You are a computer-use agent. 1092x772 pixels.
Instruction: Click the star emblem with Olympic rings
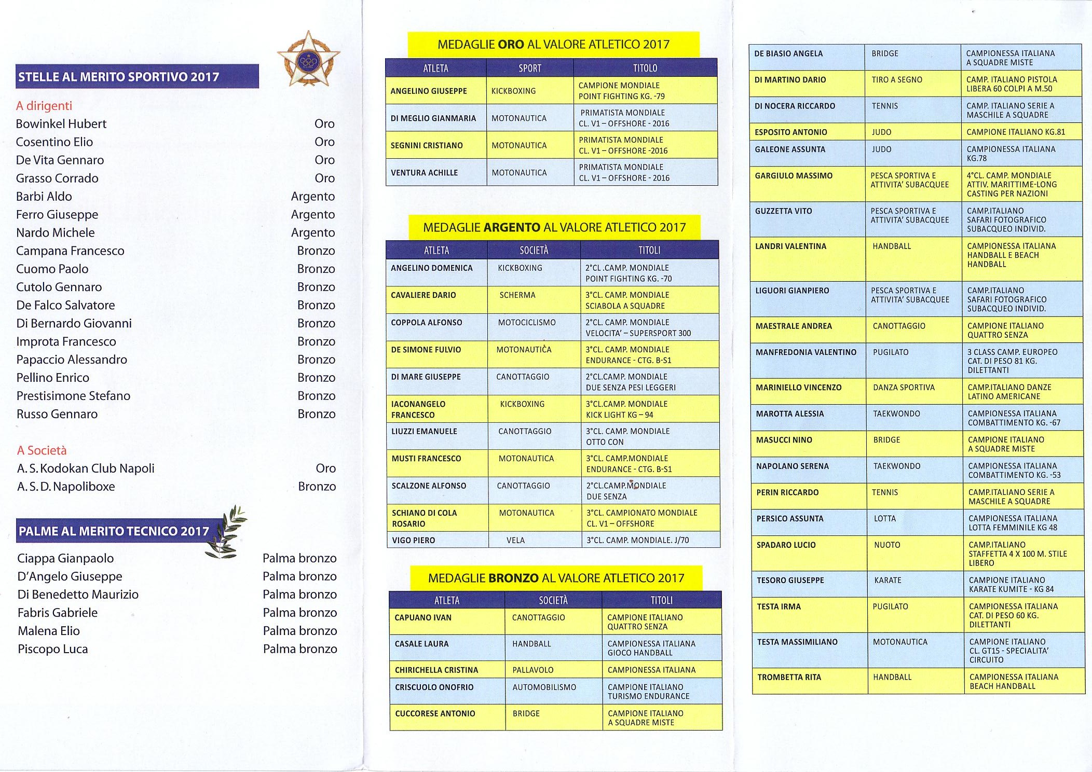point(308,60)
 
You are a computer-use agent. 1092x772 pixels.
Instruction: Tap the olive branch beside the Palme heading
point(225,532)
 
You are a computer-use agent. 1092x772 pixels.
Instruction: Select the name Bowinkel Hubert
point(61,124)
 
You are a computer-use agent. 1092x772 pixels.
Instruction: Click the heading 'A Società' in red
point(42,450)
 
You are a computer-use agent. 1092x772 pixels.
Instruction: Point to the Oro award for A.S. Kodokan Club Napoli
point(325,468)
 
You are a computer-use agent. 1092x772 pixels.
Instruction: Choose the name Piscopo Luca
point(53,649)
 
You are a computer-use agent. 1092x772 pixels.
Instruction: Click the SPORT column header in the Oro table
point(529,68)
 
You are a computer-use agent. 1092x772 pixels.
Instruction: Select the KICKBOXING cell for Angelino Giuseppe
point(513,91)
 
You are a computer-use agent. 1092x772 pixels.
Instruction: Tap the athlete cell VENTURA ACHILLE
point(424,173)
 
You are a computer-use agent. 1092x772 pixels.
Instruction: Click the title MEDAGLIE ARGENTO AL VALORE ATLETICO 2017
point(554,227)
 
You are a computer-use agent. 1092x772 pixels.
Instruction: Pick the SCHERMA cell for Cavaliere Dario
point(517,295)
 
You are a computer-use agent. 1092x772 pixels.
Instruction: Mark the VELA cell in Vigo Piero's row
point(515,541)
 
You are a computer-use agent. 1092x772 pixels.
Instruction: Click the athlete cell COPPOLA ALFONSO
point(426,323)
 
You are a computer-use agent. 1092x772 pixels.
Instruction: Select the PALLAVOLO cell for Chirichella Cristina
point(533,670)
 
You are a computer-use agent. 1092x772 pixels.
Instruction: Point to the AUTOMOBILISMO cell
point(544,687)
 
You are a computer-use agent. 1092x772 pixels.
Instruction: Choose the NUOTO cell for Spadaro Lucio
point(887,545)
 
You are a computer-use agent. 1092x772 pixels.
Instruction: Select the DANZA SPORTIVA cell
point(904,388)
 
